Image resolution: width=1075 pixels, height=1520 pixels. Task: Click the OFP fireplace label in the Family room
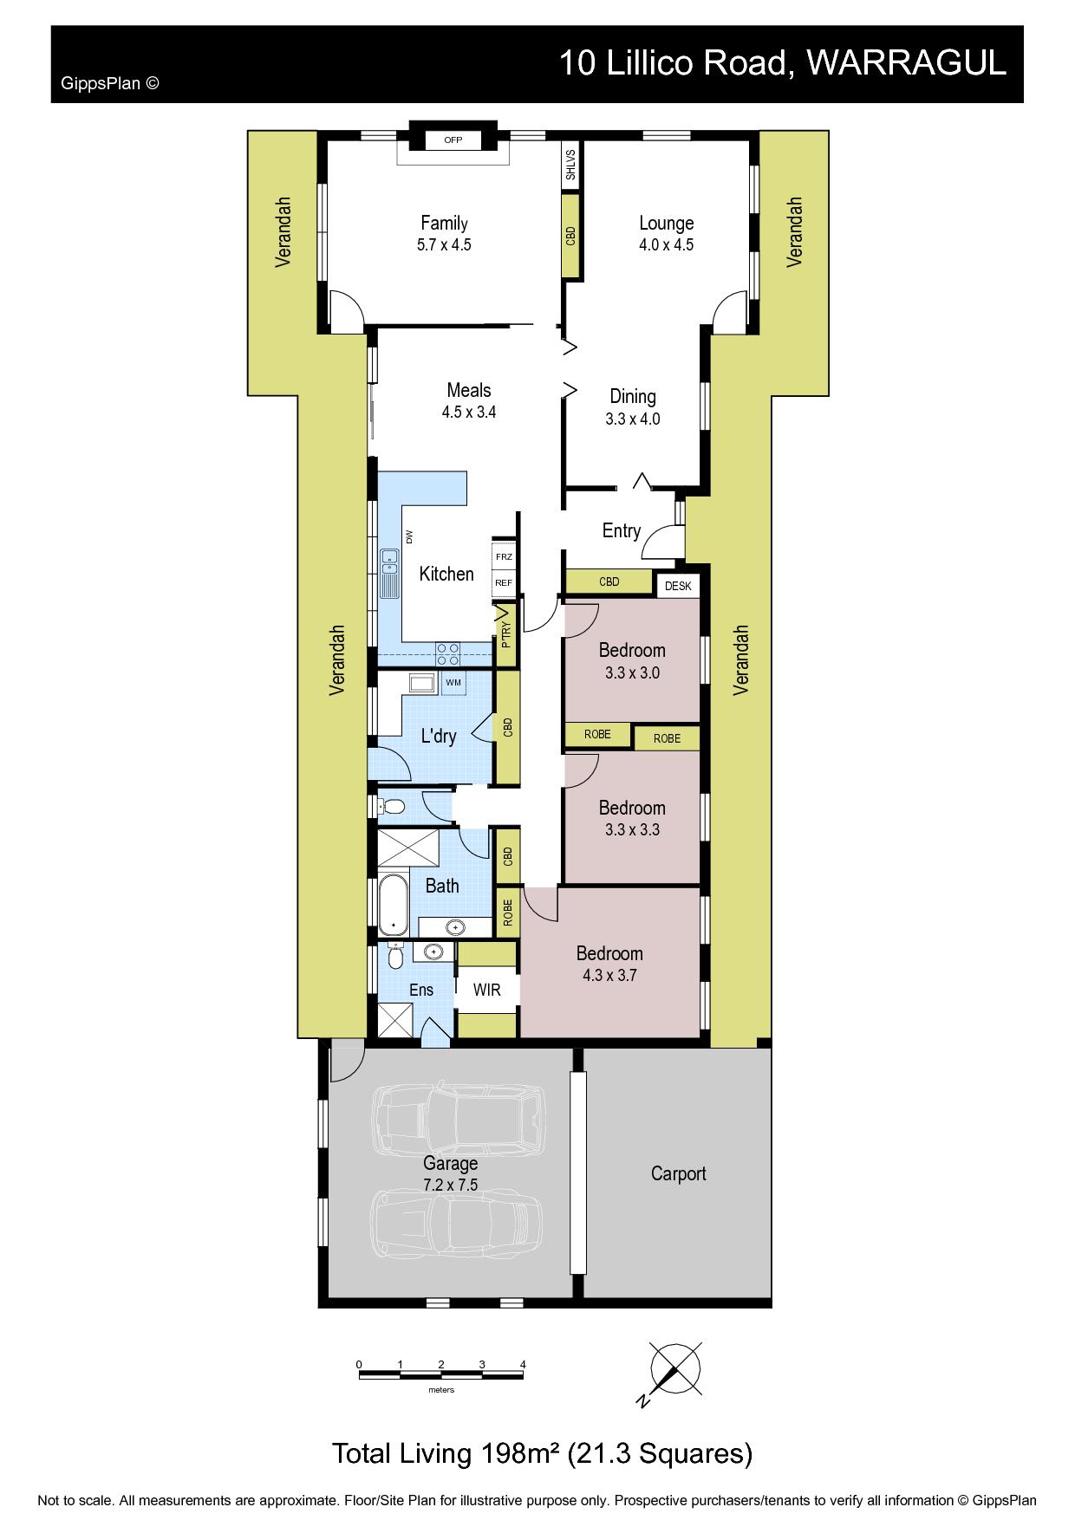(453, 140)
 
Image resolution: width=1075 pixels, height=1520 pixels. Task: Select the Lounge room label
(666, 223)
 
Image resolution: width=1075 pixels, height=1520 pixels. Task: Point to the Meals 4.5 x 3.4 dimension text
(469, 412)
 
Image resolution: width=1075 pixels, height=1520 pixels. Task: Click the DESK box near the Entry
(678, 586)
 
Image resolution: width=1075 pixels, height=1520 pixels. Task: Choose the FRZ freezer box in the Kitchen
(504, 556)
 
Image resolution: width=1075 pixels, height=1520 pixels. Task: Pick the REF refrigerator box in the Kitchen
(504, 583)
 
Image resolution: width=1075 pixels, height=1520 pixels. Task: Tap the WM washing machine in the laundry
(453, 683)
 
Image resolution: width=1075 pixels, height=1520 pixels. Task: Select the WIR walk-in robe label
(487, 990)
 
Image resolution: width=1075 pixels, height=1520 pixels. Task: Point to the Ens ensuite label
(421, 990)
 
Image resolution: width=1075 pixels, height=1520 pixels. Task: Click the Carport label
(678, 1173)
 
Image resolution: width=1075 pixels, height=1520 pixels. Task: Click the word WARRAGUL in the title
(906, 63)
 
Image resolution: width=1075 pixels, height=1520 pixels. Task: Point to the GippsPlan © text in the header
(110, 84)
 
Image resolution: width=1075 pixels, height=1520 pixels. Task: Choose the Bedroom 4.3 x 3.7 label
(609, 964)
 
